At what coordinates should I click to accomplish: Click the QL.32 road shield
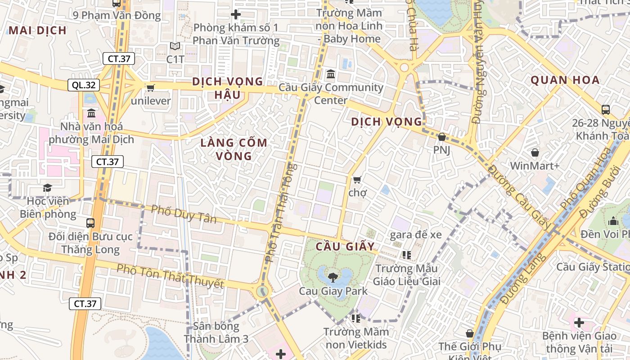(83, 85)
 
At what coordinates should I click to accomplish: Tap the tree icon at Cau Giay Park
(333, 277)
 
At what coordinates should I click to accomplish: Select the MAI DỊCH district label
(38, 30)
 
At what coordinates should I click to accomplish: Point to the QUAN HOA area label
(565, 80)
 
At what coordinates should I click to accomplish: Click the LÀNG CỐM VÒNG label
(234, 149)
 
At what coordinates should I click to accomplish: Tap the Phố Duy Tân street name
(184, 214)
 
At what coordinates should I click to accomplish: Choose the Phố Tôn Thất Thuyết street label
(170, 276)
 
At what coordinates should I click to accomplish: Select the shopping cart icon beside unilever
(150, 87)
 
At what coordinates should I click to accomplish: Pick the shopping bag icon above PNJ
(442, 137)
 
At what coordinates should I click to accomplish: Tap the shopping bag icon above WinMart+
(535, 153)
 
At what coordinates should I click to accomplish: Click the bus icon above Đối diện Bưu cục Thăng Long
(90, 223)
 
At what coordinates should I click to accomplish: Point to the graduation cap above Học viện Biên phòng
(47, 187)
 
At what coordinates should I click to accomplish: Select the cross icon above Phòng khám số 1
(235, 15)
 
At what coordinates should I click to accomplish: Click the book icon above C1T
(175, 46)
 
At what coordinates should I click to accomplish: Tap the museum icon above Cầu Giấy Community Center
(331, 73)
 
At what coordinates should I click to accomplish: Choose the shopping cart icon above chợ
(357, 180)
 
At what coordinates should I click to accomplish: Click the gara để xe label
(416, 234)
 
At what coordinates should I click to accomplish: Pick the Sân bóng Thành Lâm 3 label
(216, 333)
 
